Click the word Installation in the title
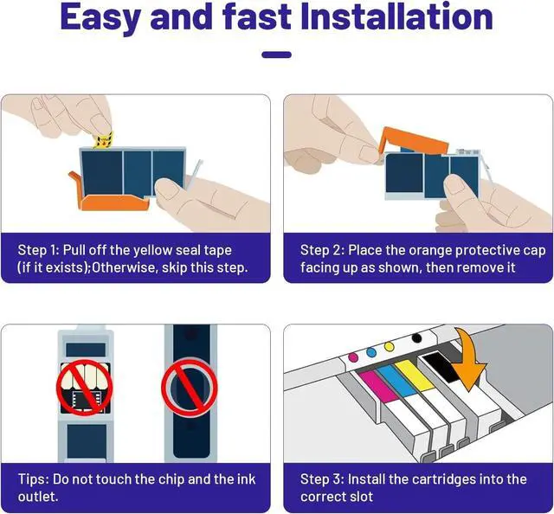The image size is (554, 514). [396, 16]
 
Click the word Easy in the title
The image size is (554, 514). [100, 18]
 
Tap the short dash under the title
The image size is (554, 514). [277, 55]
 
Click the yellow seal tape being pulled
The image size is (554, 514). [103, 141]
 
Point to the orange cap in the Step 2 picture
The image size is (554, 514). [414, 140]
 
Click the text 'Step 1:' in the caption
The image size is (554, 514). [38, 250]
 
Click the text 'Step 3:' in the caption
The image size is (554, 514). [321, 479]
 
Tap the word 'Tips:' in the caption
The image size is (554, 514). [33, 479]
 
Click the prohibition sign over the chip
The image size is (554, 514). [85, 388]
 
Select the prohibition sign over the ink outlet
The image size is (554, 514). [190, 387]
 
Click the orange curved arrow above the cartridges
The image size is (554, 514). [468, 359]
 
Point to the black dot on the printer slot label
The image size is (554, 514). [417, 338]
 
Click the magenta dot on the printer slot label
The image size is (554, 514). [353, 357]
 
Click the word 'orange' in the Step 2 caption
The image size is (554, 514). [431, 251]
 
